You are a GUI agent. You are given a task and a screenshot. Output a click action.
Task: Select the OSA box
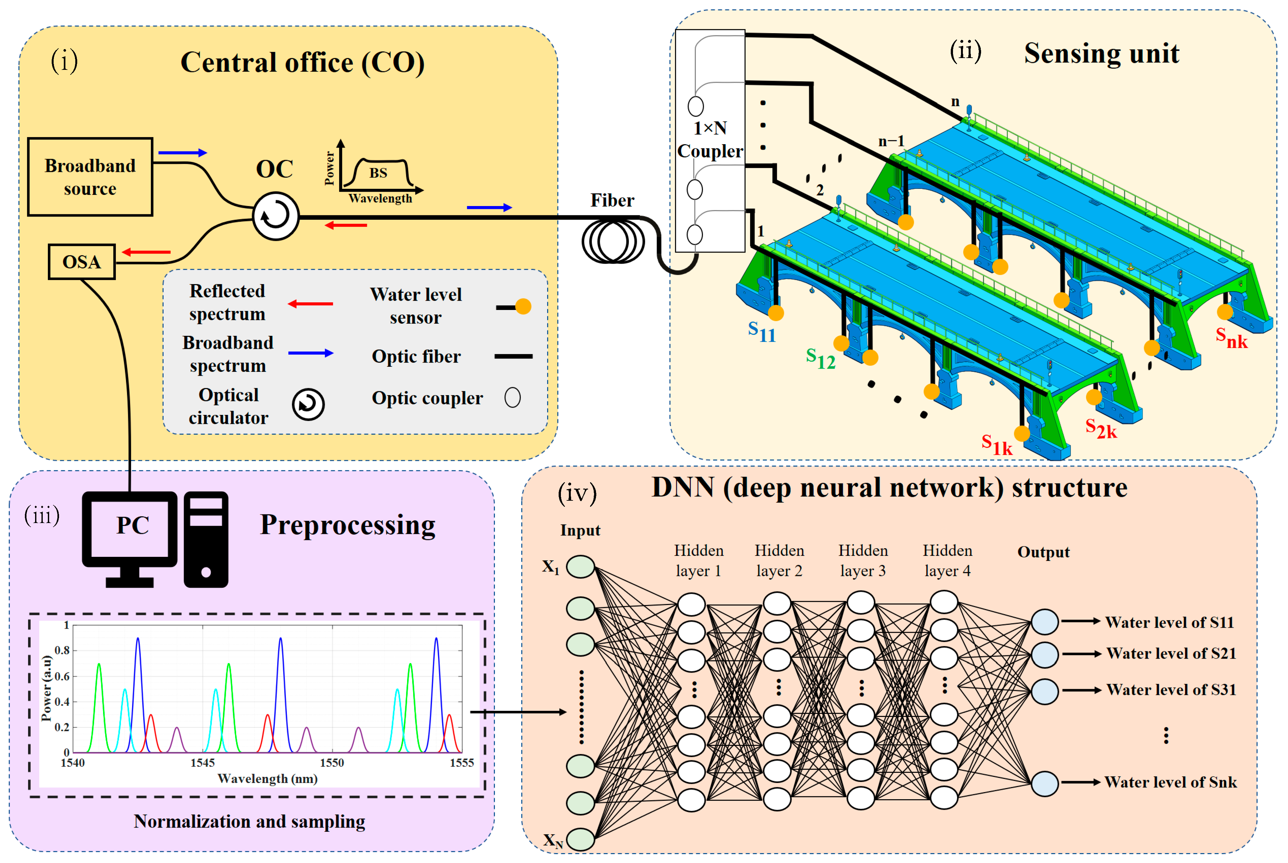pos(81,262)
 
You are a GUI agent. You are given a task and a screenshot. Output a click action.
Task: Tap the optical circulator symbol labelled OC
pos(275,215)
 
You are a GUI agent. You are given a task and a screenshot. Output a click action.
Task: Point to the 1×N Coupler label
pos(710,139)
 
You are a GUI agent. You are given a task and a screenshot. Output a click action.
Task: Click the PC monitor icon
pos(130,539)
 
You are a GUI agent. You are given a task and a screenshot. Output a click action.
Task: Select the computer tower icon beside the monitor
pos(206,539)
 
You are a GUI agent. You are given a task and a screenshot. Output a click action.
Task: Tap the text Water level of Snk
pos(1171,782)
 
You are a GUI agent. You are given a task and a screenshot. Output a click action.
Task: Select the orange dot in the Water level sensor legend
pos(523,306)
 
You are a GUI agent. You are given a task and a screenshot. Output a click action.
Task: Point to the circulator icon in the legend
pos(308,404)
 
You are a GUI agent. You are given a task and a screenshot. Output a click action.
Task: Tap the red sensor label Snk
pos(1231,338)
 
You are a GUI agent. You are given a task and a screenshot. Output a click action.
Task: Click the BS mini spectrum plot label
pos(378,173)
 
